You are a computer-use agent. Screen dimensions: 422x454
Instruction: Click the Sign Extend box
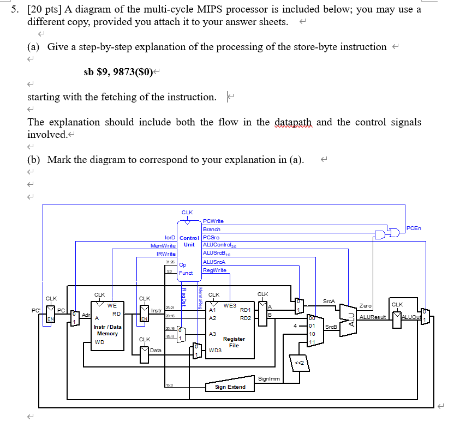230,387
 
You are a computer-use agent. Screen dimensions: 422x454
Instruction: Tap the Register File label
234,342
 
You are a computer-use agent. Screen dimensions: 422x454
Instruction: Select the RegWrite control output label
214,270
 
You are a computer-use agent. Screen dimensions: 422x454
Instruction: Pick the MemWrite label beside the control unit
162,246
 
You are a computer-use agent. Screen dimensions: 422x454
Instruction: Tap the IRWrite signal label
166,254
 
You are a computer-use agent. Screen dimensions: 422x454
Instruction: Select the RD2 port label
245,318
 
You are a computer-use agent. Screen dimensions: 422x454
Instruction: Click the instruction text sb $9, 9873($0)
118,71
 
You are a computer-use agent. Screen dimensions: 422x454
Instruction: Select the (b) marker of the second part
34,160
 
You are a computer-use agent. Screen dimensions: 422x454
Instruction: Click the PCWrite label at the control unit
213,221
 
